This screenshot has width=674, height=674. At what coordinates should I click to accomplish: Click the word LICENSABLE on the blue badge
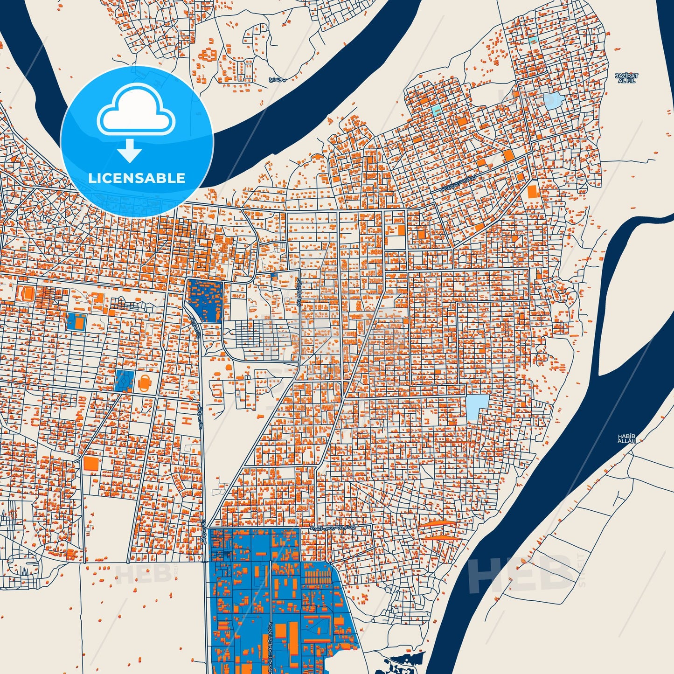(137, 178)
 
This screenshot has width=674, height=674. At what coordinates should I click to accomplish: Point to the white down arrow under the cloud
(130, 151)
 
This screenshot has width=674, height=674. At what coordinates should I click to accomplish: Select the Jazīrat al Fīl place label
(626, 78)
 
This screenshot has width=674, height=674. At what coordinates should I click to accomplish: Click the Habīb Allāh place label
(626, 438)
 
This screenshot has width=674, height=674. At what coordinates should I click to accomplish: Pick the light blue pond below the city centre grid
(478, 406)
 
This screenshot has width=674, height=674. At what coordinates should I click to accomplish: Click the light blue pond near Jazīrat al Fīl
(553, 101)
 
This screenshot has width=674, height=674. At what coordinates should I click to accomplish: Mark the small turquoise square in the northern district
(437, 111)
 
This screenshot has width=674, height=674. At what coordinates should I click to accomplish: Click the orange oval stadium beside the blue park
(145, 382)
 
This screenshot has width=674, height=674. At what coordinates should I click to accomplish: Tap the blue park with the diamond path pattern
(124, 380)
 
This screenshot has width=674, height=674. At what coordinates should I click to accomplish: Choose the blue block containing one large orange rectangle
(76, 321)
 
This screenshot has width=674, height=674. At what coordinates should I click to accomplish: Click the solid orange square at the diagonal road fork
(91, 463)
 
